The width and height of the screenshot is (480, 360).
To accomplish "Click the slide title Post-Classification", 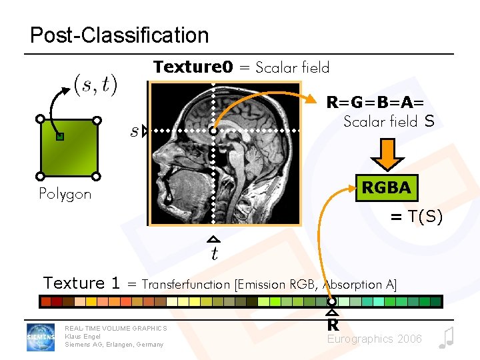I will [119, 35].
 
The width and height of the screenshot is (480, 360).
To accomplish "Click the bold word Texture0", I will [193, 67].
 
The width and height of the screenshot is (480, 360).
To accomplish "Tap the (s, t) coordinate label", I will [95, 85].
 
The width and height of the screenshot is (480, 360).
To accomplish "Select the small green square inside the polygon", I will [60, 137].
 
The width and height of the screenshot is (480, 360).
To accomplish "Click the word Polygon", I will [65, 195].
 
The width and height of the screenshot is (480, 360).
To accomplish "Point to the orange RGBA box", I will [386, 187].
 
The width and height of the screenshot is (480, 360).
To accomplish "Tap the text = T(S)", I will [416, 216].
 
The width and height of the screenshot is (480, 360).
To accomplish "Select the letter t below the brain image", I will [214, 253].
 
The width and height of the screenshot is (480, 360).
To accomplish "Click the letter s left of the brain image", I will [134, 131].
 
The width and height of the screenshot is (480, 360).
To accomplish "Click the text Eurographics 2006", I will [374, 339].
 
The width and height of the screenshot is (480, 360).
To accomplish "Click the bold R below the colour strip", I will [332, 325].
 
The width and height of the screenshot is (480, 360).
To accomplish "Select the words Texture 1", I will [81, 283].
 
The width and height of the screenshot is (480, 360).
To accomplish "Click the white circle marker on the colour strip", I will [332, 302].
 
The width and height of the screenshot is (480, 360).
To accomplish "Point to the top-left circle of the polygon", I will [40, 119].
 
